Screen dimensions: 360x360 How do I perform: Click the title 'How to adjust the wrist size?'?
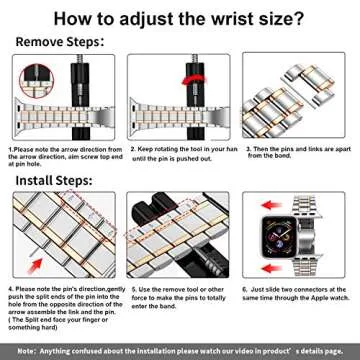(180, 18)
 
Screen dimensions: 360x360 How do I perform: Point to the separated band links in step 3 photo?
(297, 100)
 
